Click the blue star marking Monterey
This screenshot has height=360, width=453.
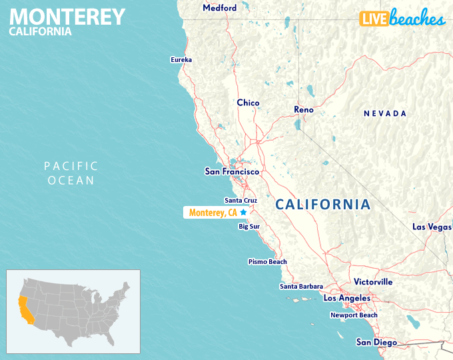pyautogui.click(x=243, y=212)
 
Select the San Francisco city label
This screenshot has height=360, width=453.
pyautogui.click(x=231, y=171)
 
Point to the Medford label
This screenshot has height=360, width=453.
pyautogui.click(x=219, y=8)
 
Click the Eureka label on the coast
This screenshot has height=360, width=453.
pyautogui.click(x=181, y=60)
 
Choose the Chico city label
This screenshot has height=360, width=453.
pyautogui.click(x=248, y=103)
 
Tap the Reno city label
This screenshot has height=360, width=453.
pyautogui.click(x=304, y=109)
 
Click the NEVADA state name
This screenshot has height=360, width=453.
pyautogui.click(x=384, y=114)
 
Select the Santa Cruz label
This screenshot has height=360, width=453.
pyautogui.click(x=240, y=200)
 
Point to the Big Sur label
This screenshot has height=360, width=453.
pyautogui.click(x=248, y=227)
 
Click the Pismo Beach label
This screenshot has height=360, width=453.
pyautogui.click(x=267, y=262)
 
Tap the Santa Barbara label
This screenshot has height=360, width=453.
pyautogui.click(x=301, y=287)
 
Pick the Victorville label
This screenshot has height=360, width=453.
pyautogui.click(x=373, y=282)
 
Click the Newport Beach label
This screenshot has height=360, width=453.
pyautogui.click(x=354, y=315)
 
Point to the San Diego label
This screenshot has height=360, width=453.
pyautogui.click(x=376, y=343)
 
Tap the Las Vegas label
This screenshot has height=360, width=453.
pyautogui.click(x=432, y=227)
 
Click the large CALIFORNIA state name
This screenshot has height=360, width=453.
pyautogui.click(x=322, y=205)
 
